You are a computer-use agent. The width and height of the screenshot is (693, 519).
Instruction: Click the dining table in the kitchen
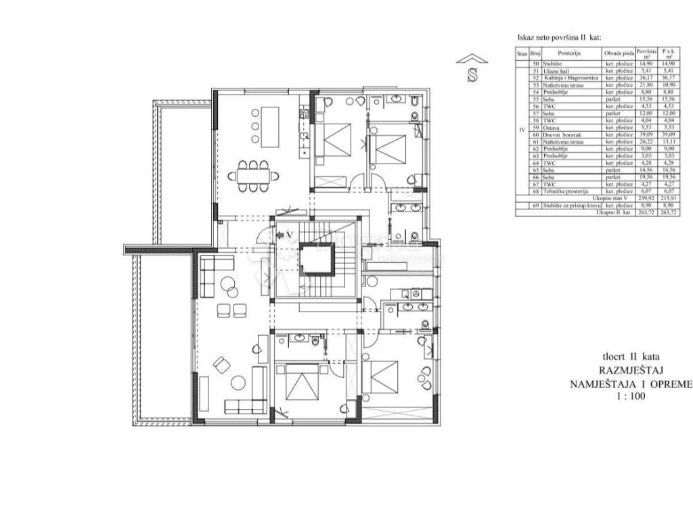(253, 174)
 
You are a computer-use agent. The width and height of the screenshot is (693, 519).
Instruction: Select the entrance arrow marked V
(285, 234)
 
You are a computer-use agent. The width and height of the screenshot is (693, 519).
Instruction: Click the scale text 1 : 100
(626, 397)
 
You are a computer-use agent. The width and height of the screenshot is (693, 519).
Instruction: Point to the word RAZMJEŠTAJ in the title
(626, 370)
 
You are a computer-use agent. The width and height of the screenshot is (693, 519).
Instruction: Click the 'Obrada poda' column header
(619, 53)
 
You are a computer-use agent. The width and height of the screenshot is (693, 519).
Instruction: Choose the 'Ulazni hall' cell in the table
(559, 70)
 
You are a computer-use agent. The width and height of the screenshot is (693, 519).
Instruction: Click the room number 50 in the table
(535, 63)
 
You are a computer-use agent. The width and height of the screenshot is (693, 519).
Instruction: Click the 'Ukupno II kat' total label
(613, 212)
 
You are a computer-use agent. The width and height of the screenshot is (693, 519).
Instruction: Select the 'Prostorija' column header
(570, 53)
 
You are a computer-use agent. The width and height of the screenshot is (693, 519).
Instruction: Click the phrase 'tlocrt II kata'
(631, 356)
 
